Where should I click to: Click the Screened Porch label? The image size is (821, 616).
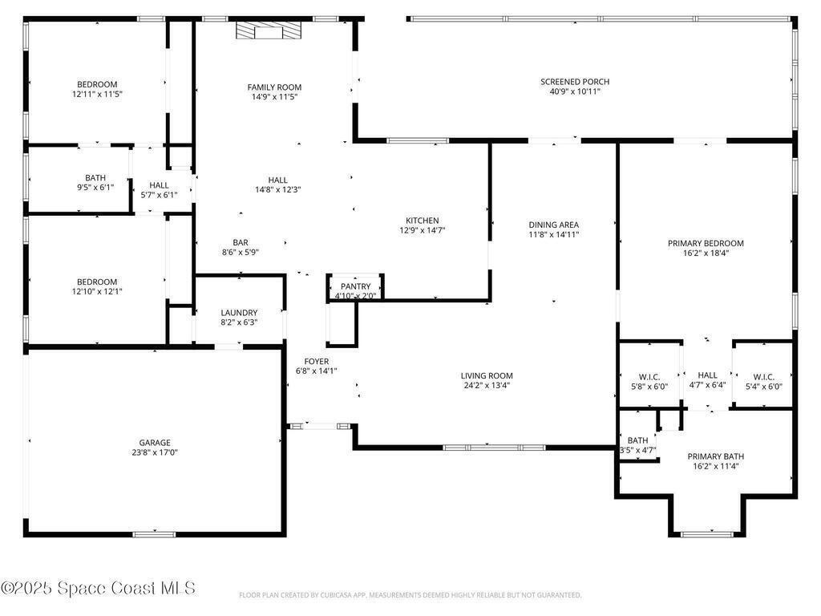[575, 82]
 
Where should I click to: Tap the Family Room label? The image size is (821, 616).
[274, 87]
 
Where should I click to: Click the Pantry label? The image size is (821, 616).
[355, 286]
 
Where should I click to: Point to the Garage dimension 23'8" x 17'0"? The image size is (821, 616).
[155, 452]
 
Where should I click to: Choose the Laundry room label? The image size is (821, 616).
[239, 313]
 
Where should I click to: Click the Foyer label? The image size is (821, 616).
[316, 362]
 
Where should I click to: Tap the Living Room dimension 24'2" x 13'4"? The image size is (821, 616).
[487, 386]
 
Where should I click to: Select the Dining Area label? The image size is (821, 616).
[553, 225]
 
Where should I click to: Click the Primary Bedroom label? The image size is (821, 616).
[706, 244]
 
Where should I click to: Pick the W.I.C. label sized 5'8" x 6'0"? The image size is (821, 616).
[649, 377]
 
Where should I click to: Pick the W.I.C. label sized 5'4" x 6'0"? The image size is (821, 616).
[763, 377]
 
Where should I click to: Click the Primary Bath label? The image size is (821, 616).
[716, 456]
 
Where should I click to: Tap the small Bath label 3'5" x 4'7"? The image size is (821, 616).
[637, 440]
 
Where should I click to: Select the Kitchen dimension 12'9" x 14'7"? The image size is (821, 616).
[422, 230]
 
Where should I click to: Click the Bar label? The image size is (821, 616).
[241, 243]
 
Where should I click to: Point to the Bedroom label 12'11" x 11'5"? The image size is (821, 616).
[97, 85]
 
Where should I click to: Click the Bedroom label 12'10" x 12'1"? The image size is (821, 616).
[97, 282]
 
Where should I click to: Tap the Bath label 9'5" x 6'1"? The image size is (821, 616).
[95, 178]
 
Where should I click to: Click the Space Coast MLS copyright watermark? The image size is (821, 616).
[98, 588]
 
